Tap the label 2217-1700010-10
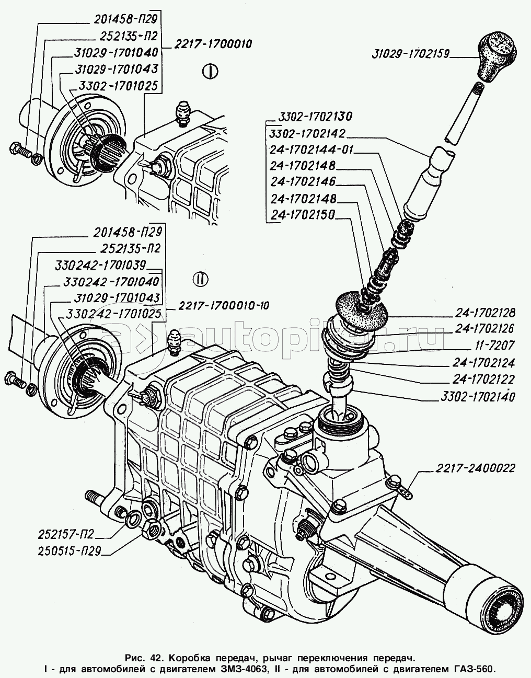[x=224, y=306]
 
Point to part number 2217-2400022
[x=475, y=468]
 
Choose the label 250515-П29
[x=69, y=550]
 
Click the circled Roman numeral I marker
[x=209, y=72]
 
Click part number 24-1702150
[x=303, y=215]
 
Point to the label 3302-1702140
[x=474, y=397]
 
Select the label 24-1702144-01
[x=311, y=150]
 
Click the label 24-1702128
[x=485, y=314]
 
